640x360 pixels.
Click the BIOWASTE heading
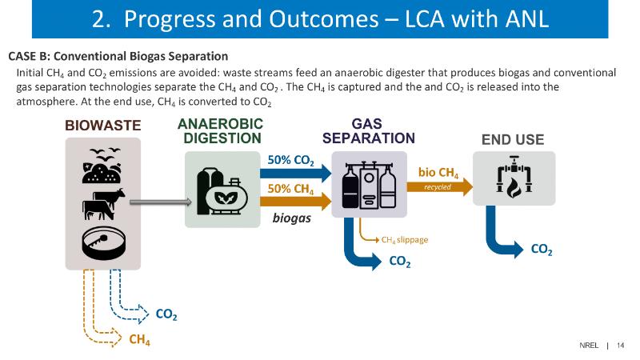click(102, 126)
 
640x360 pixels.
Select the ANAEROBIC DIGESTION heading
click(221, 130)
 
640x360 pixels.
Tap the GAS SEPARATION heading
click(368, 130)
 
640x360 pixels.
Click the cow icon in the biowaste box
click(103, 204)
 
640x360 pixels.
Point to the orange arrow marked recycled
click(438, 187)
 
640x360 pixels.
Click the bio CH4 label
click(438, 172)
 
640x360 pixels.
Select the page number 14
click(620, 346)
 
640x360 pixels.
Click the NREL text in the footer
click(590, 346)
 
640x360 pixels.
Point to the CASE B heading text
click(118, 56)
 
